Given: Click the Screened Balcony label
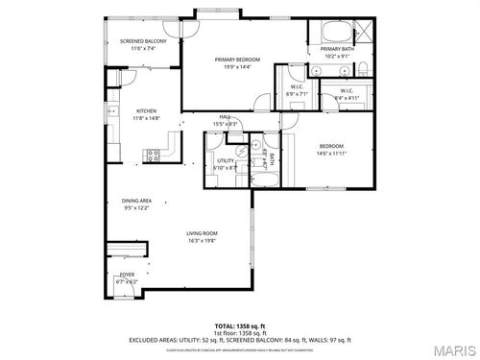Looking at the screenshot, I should [x=143, y=41].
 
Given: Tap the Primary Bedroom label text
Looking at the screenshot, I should [x=237, y=60].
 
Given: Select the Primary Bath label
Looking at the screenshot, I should [x=339, y=50].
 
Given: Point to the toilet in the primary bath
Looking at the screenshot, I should [x=366, y=67].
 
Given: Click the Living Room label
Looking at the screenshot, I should [x=202, y=235].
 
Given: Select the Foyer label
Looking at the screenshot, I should [x=127, y=278].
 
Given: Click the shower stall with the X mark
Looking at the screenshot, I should [x=366, y=29].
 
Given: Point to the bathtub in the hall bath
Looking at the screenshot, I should [x=266, y=179].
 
